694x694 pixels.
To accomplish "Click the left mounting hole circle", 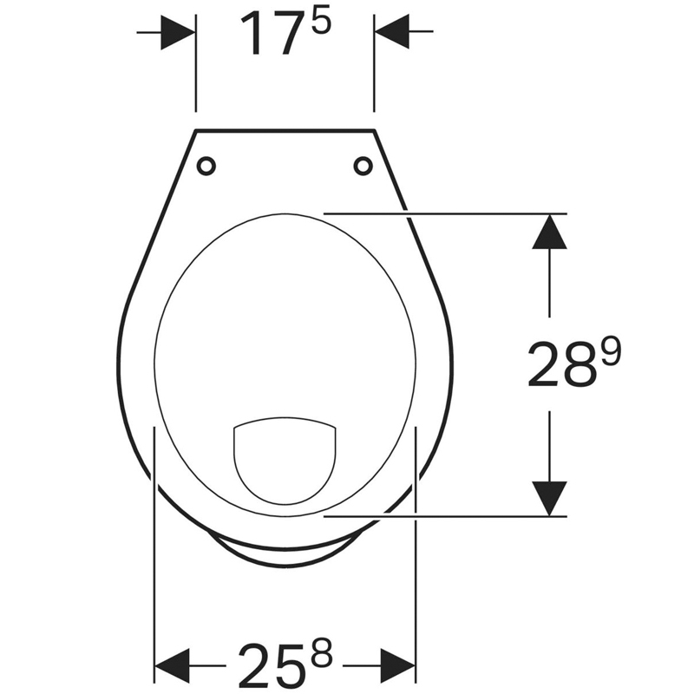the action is coord(206,166).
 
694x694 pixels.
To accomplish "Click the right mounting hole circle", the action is coord(363,166).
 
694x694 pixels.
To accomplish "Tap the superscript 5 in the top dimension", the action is coord(321,23).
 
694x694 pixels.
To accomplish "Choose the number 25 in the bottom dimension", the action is coord(272,664).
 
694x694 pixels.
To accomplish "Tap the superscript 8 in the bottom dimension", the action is coord(322,652).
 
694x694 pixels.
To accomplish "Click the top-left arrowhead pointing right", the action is coord(178,32).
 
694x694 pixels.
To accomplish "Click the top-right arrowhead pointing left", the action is coord(392,32).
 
